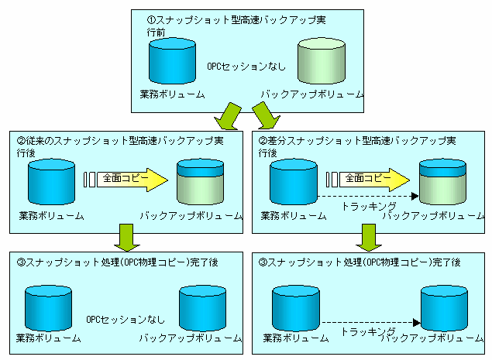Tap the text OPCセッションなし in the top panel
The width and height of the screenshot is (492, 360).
246,67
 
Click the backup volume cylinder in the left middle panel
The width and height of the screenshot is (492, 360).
201,183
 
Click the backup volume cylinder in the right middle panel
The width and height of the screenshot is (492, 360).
442,183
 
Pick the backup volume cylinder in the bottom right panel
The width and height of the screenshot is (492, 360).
442,307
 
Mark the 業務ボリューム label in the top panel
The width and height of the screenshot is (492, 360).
172,94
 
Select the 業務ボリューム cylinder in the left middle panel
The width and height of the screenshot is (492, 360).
50,183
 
